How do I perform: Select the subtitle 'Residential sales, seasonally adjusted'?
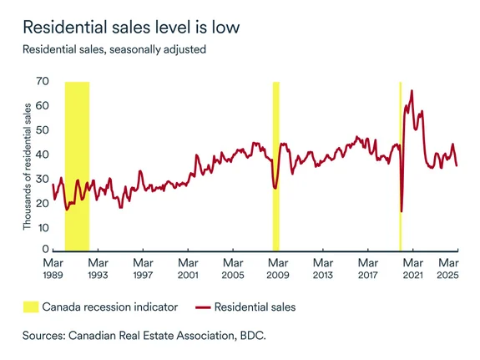point(115,49)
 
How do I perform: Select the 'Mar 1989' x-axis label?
point(53,268)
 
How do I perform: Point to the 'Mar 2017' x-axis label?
point(367,268)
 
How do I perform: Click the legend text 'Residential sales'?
point(255,307)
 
